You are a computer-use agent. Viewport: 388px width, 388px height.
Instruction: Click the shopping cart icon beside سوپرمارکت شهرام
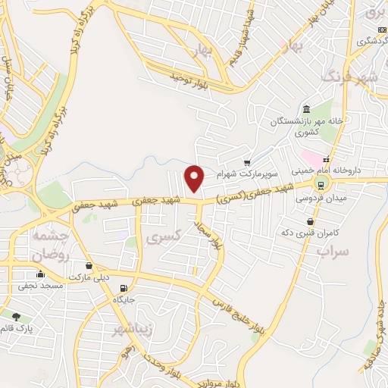[x=247, y=162]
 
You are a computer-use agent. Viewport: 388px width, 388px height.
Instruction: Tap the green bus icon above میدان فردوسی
[x=321, y=184]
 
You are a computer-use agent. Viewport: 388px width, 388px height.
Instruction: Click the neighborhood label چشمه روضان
[x=52, y=246]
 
